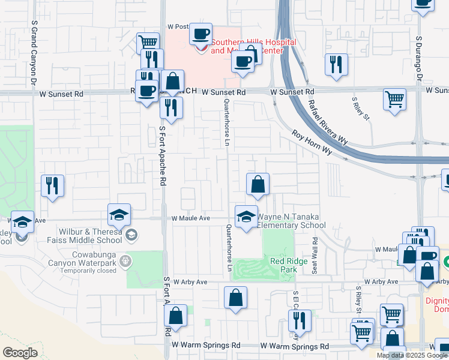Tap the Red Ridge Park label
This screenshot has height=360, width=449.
click(284, 265)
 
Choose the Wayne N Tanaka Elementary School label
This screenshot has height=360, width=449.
click(292, 221)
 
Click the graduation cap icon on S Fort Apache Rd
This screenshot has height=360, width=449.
click(119, 214)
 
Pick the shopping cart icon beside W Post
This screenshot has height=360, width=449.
click(148, 43)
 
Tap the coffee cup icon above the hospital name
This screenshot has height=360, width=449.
click(201, 33)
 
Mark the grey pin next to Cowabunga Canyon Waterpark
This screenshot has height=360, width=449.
click(125, 261)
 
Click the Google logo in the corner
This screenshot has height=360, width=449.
click(20, 353)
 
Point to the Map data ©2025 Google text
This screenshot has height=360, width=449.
click(412, 355)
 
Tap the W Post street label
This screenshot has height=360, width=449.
click(178, 27)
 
